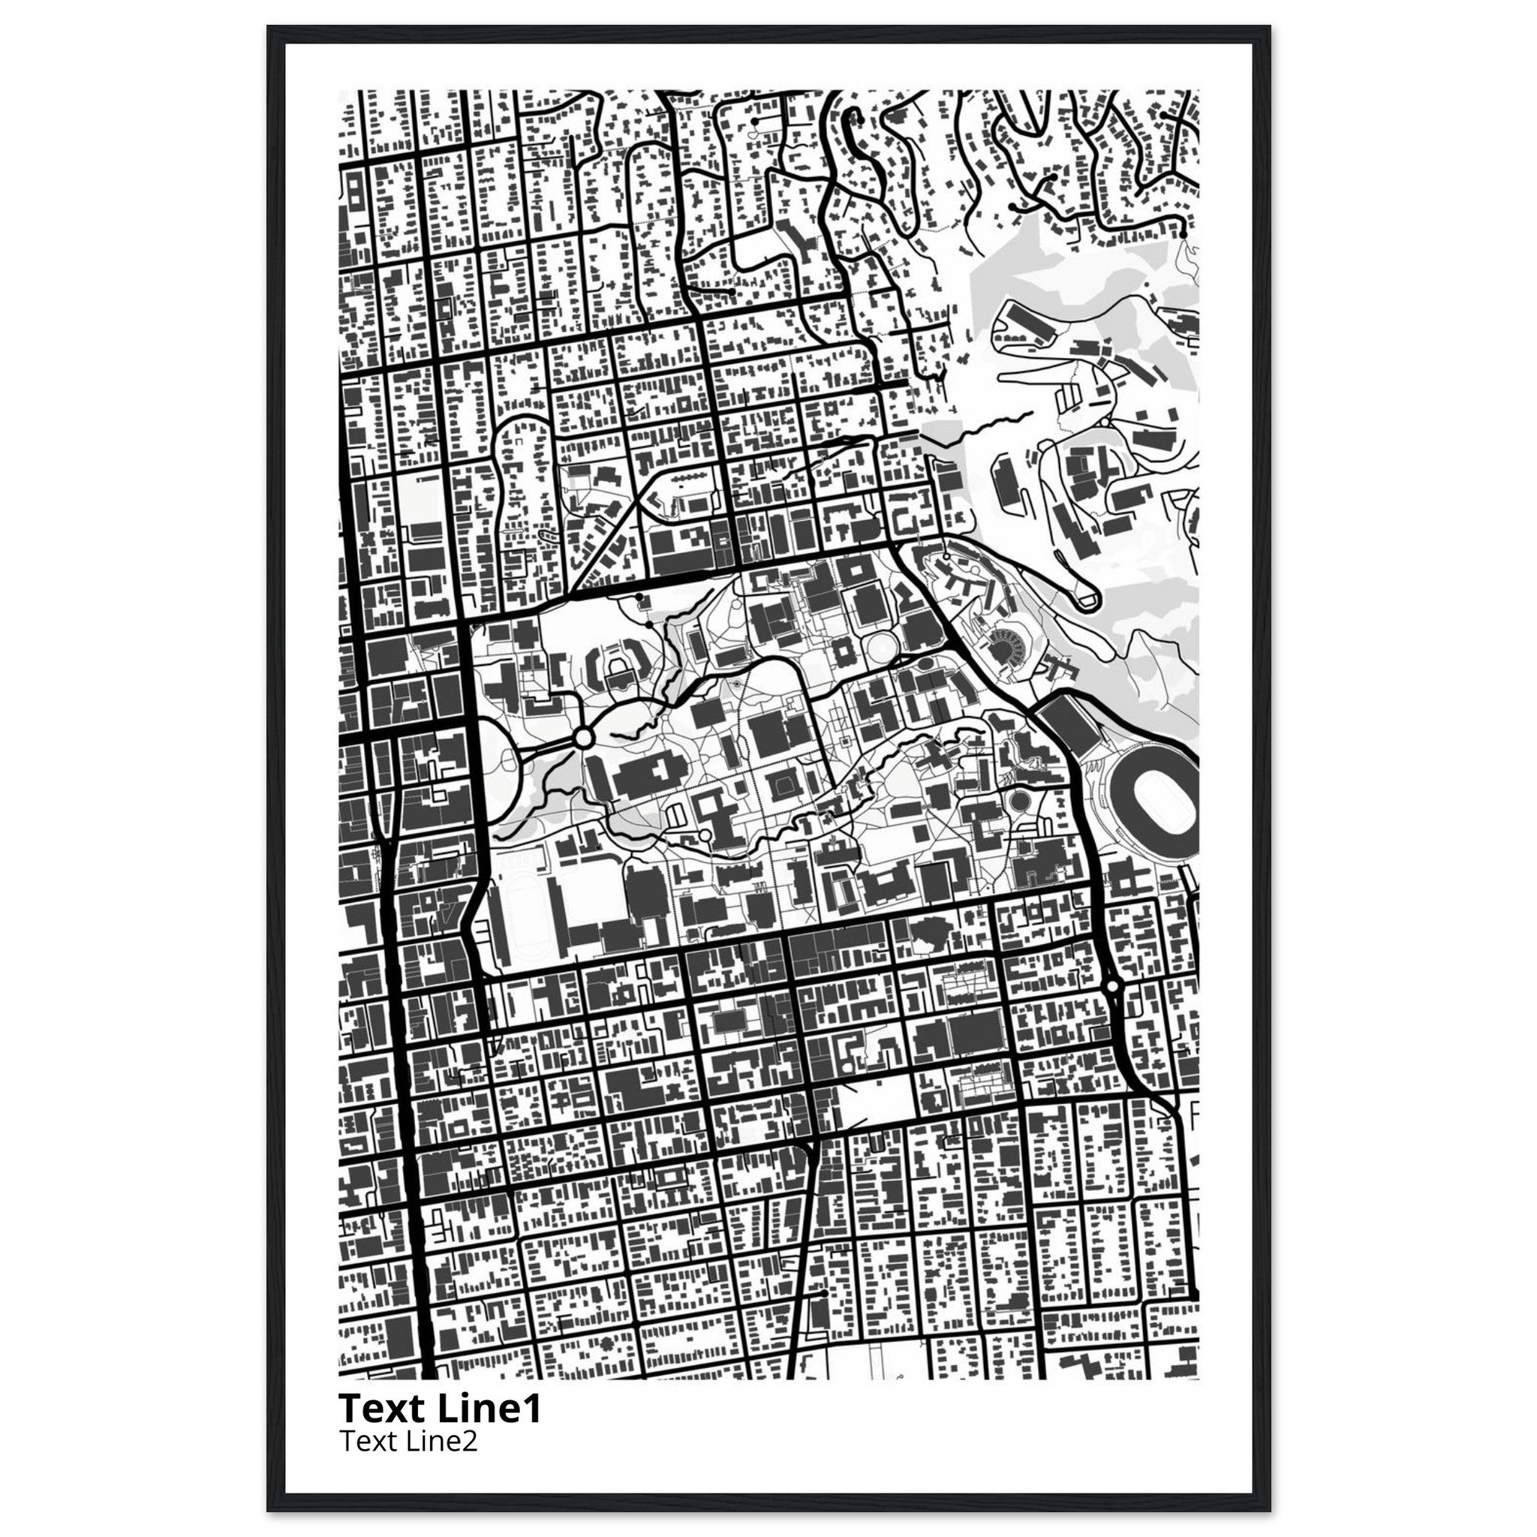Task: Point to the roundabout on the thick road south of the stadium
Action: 1112,986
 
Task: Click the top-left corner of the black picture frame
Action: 269,27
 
